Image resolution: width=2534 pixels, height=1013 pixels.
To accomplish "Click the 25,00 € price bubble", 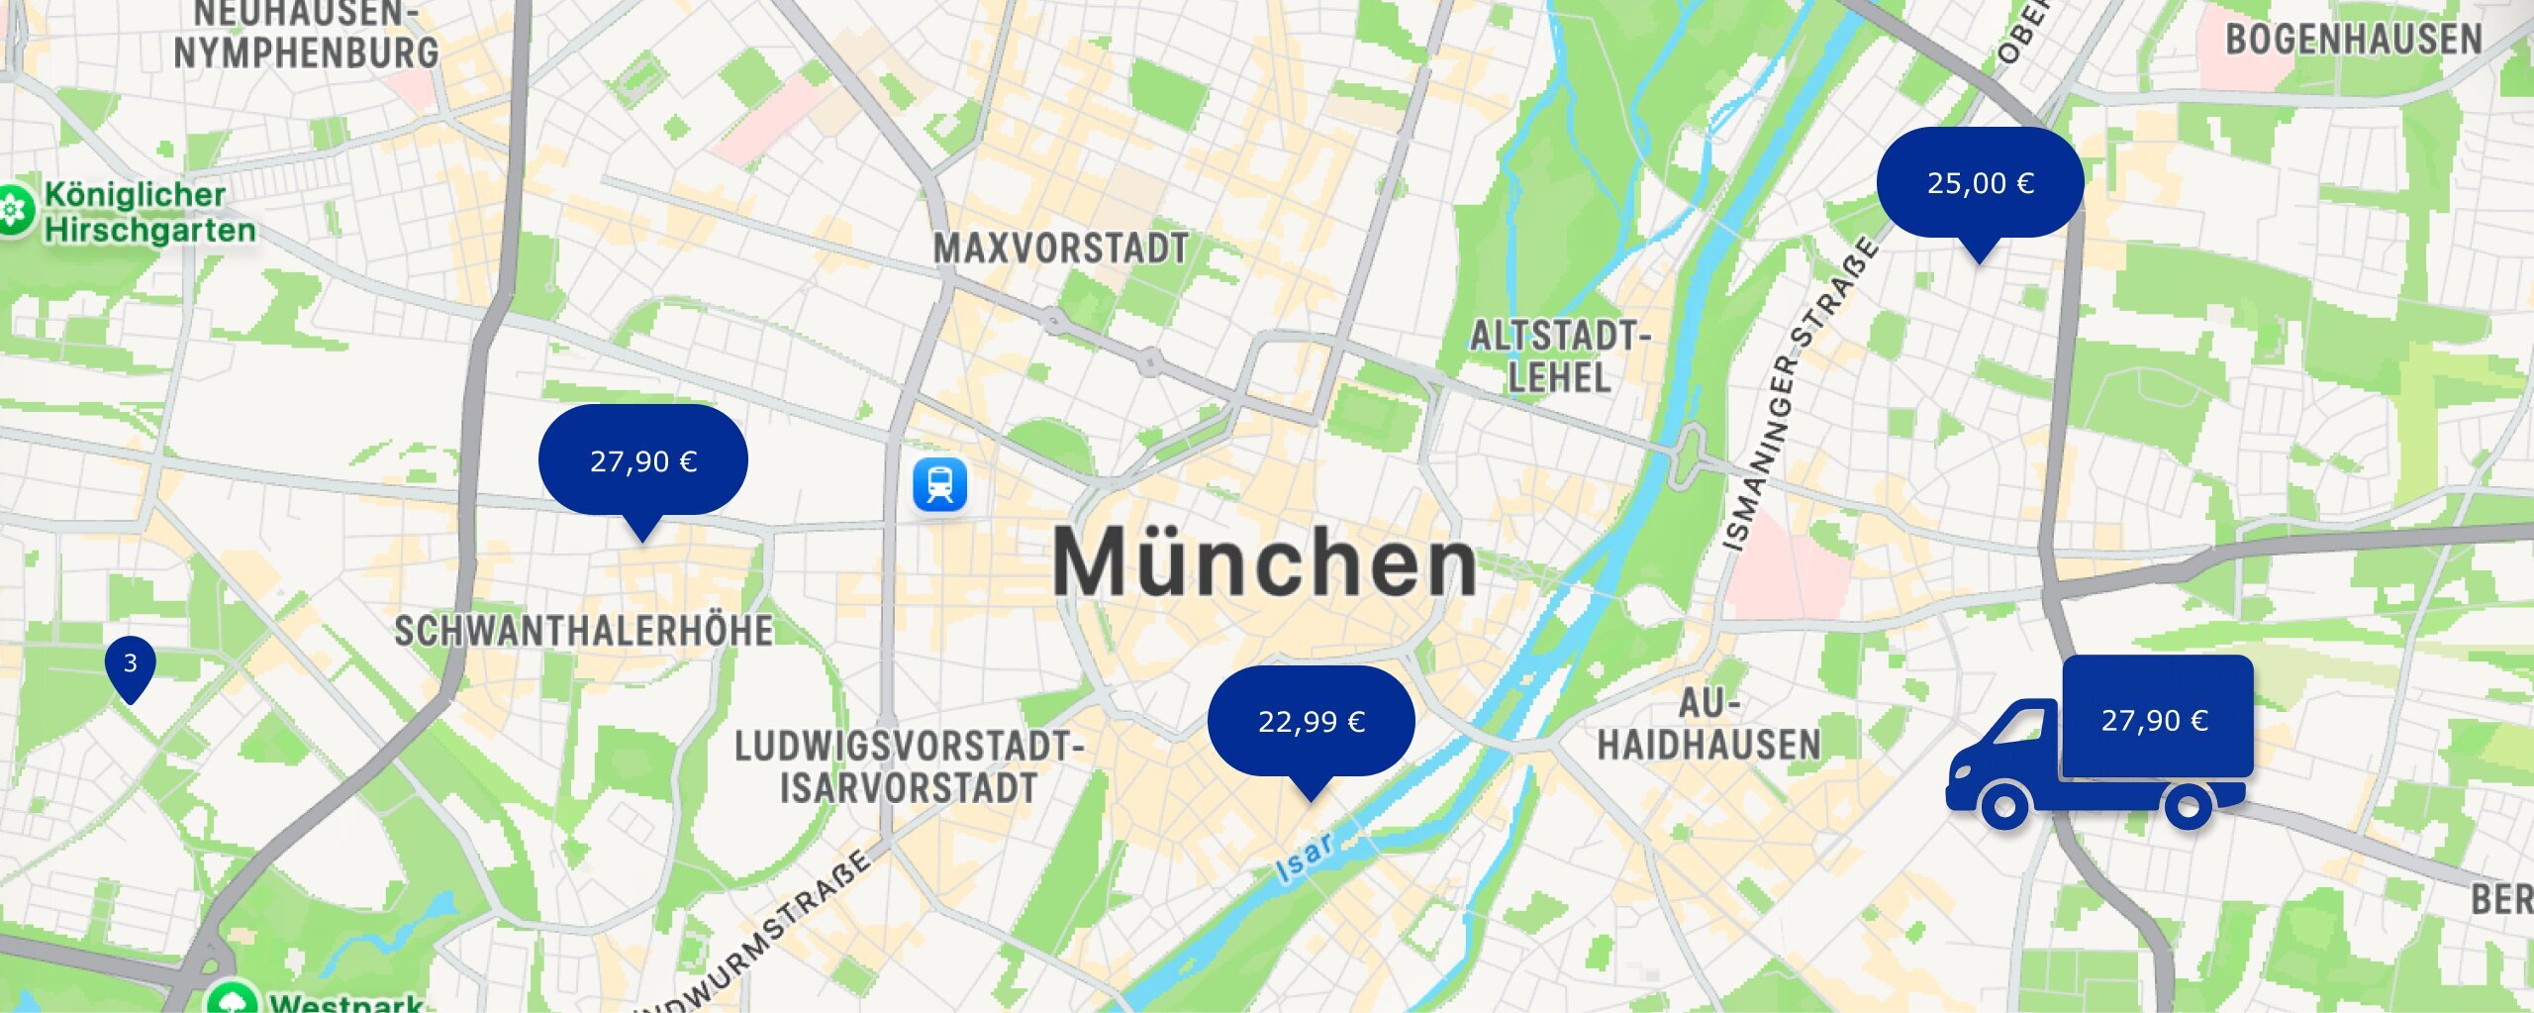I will pyautogui.click(x=1980, y=183).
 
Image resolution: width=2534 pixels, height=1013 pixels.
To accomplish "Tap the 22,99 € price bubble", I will pyautogui.click(x=1311, y=721).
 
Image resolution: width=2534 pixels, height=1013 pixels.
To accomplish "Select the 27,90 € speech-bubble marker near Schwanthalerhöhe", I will pyautogui.click(x=642, y=460).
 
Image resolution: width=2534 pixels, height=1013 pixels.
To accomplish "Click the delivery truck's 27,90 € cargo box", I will pyautogui.click(x=2157, y=718).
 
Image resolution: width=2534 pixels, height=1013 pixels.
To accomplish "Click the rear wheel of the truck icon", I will pyautogui.click(x=2189, y=807).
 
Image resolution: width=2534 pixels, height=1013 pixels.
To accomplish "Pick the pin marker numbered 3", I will pyautogui.click(x=130, y=664).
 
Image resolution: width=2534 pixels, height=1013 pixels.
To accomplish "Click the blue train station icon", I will pyautogui.click(x=939, y=485).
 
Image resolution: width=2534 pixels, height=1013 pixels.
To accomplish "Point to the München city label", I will pyautogui.click(x=1264, y=562).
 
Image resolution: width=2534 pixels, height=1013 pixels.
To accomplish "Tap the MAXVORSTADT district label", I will pyautogui.click(x=1060, y=249).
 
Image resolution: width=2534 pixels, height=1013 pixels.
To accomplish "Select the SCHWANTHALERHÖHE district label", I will pyautogui.click(x=584, y=631).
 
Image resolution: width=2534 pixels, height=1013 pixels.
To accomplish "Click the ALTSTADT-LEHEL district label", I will pyautogui.click(x=1559, y=356).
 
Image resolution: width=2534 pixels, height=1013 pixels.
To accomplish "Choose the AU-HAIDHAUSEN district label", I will pyautogui.click(x=1708, y=725).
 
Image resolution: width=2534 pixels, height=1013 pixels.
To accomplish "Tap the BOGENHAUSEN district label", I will pyautogui.click(x=2353, y=40).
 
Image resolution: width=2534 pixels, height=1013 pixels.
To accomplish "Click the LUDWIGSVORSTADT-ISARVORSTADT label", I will pyautogui.click(x=908, y=767).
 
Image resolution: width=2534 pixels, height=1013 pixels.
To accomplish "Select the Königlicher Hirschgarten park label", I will pyautogui.click(x=148, y=212).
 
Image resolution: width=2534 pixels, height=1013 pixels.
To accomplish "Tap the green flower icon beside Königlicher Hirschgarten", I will pyautogui.click(x=14, y=210).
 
